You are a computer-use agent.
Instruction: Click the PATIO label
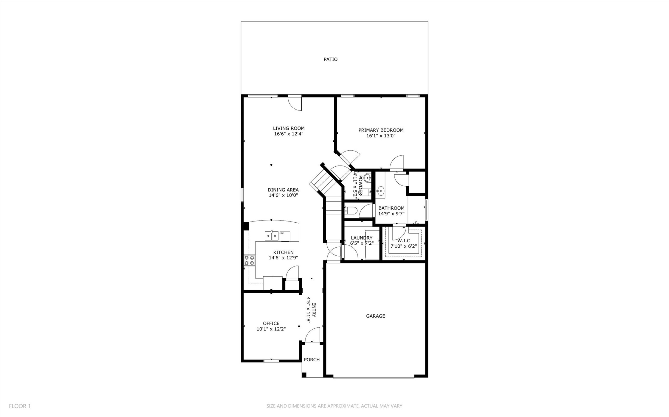pyautogui.click(x=330, y=59)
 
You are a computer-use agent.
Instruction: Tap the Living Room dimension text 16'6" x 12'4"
pyautogui.click(x=289, y=134)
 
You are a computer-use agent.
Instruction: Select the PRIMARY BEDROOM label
pyautogui.click(x=381, y=130)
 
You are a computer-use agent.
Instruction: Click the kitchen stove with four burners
pyautogui.click(x=250, y=260)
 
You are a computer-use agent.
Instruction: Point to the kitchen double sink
pyautogui.click(x=272, y=236)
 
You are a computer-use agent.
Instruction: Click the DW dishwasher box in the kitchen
pyautogui.click(x=285, y=236)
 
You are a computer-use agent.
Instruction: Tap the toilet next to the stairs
pyautogui.click(x=351, y=211)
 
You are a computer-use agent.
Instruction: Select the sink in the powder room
pyautogui.click(x=368, y=179)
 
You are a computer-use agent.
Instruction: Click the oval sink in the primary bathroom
pyautogui.click(x=380, y=190)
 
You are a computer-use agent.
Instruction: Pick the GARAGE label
pyautogui.click(x=375, y=316)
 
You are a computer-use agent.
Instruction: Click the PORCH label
pyautogui.click(x=312, y=360)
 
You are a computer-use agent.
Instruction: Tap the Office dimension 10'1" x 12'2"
pyautogui.click(x=271, y=329)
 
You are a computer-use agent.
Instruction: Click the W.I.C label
pyautogui.click(x=404, y=240)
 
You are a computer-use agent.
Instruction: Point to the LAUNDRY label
pyautogui.click(x=361, y=238)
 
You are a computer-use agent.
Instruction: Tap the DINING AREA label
pyautogui.click(x=283, y=190)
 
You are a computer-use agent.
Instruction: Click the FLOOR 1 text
pyautogui.click(x=20, y=406)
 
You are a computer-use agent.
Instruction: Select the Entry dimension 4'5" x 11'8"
pyautogui.click(x=309, y=309)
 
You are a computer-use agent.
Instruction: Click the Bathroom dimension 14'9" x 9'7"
pyautogui.click(x=391, y=214)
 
